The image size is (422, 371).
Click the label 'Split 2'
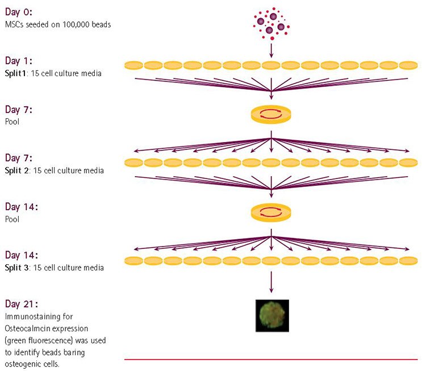[17, 170]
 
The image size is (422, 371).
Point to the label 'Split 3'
[17, 266]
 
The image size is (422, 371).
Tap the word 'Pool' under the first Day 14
[11, 218]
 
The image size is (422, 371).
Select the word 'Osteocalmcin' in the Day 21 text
[27, 329]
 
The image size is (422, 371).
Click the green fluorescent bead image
[271, 315]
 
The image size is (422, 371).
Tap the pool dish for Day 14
[271, 212]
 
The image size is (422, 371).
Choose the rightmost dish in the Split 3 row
[408, 260]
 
